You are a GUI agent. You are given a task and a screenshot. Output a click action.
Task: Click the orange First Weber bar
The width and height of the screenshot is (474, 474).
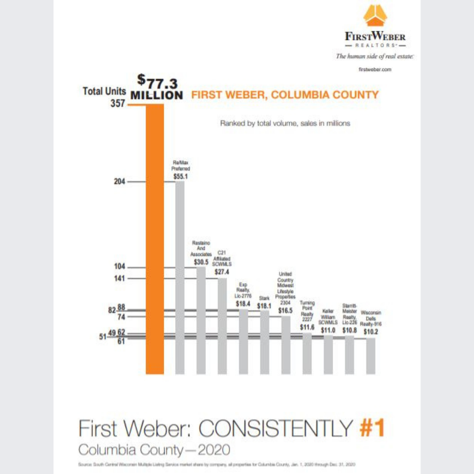tap(154, 239)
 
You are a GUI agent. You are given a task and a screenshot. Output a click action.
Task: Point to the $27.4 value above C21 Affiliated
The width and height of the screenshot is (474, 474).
tap(222, 272)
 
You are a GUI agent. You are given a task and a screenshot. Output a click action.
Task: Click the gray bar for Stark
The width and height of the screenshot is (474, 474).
tap(265, 342)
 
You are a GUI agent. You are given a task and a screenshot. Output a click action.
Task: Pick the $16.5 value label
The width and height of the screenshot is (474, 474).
tap(286, 310)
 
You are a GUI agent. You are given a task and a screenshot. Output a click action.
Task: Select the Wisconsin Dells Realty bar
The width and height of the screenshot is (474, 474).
tap(371, 356)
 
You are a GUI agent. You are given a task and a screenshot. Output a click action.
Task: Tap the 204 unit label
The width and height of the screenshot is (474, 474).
tap(120, 182)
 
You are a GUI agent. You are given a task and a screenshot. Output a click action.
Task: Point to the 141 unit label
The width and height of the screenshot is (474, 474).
tap(120, 278)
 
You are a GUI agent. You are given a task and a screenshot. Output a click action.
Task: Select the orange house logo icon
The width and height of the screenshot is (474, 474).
tap(375, 16)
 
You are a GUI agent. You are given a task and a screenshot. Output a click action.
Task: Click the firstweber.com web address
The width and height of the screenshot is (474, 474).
tap(375, 69)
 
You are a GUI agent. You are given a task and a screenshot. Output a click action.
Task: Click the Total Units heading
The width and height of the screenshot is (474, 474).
tap(104, 91)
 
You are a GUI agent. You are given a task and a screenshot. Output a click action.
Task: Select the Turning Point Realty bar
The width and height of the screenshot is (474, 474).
tap(307, 353)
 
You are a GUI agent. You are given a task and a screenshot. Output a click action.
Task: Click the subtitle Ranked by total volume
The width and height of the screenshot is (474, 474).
tap(285, 124)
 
